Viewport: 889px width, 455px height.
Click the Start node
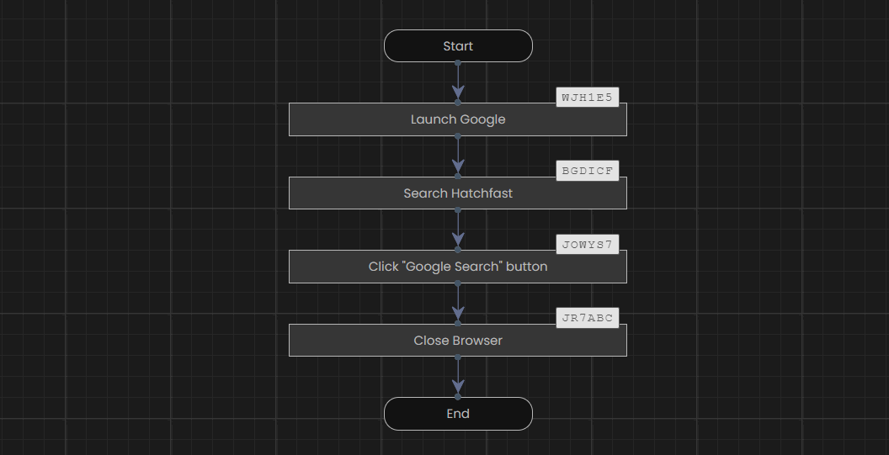pyautogui.click(x=458, y=46)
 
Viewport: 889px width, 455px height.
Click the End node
pyautogui.click(x=458, y=414)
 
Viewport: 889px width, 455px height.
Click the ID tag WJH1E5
pyautogui.click(x=588, y=98)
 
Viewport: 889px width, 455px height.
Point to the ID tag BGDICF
pyautogui.click(x=588, y=171)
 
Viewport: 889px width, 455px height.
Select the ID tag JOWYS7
pyautogui.click(x=588, y=244)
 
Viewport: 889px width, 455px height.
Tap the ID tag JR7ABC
pyautogui.click(x=588, y=318)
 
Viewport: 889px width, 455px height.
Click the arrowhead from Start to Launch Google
pyautogui.click(x=458, y=93)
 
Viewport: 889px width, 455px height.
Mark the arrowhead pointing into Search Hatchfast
pyautogui.click(x=458, y=166)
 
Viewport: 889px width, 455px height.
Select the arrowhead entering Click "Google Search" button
pyautogui.click(x=458, y=239)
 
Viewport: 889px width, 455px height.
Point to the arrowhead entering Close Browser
pyautogui.click(x=458, y=314)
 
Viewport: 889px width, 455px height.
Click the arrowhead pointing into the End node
pyautogui.click(x=458, y=386)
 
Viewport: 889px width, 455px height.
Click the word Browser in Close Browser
pyautogui.click(x=480, y=340)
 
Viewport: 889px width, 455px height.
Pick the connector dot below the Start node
pyautogui.click(x=458, y=63)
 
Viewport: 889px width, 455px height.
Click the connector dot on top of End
pyautogui.click(x=458, y=397)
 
